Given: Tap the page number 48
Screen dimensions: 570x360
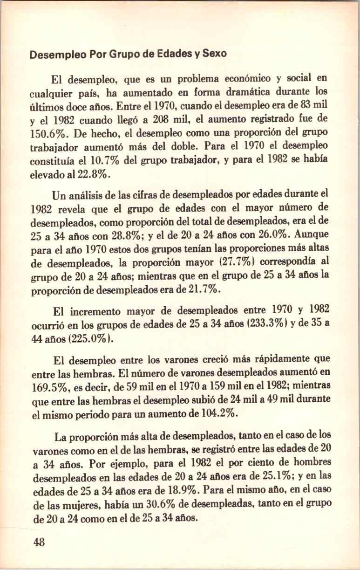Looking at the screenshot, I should tap(39, 542).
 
